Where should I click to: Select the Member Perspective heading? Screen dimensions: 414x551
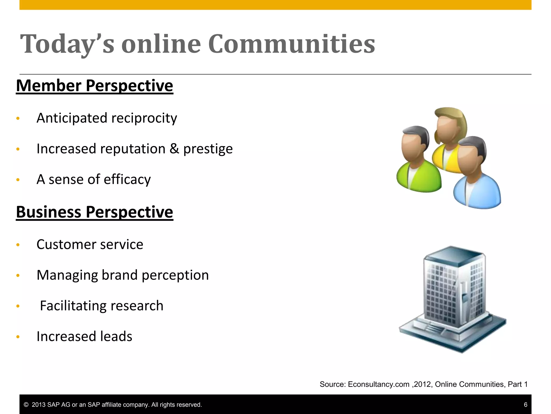(x=94, y=86)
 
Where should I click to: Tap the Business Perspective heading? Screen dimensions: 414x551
(x=94, y=212)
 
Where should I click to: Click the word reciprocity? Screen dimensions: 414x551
(x=144, y=118)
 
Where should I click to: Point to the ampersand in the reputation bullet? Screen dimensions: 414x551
(x=174, y=149)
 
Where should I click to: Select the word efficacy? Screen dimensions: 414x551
(x=127, y=180)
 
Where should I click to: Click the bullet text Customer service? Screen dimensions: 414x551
(x=90, y=244)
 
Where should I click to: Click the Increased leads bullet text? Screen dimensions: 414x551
(x=84, y=336)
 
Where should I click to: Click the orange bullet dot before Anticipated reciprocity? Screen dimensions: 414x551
(x=18, y=119)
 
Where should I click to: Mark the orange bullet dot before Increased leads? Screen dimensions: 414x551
(x=18, y=337)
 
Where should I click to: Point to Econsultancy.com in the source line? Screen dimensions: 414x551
(x=379, y=384)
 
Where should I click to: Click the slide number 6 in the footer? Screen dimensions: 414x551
(x=525, y=405)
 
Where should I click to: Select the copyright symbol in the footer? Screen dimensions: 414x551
(x=26, y=405)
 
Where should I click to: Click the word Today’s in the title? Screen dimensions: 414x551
(x=67, y=44)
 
